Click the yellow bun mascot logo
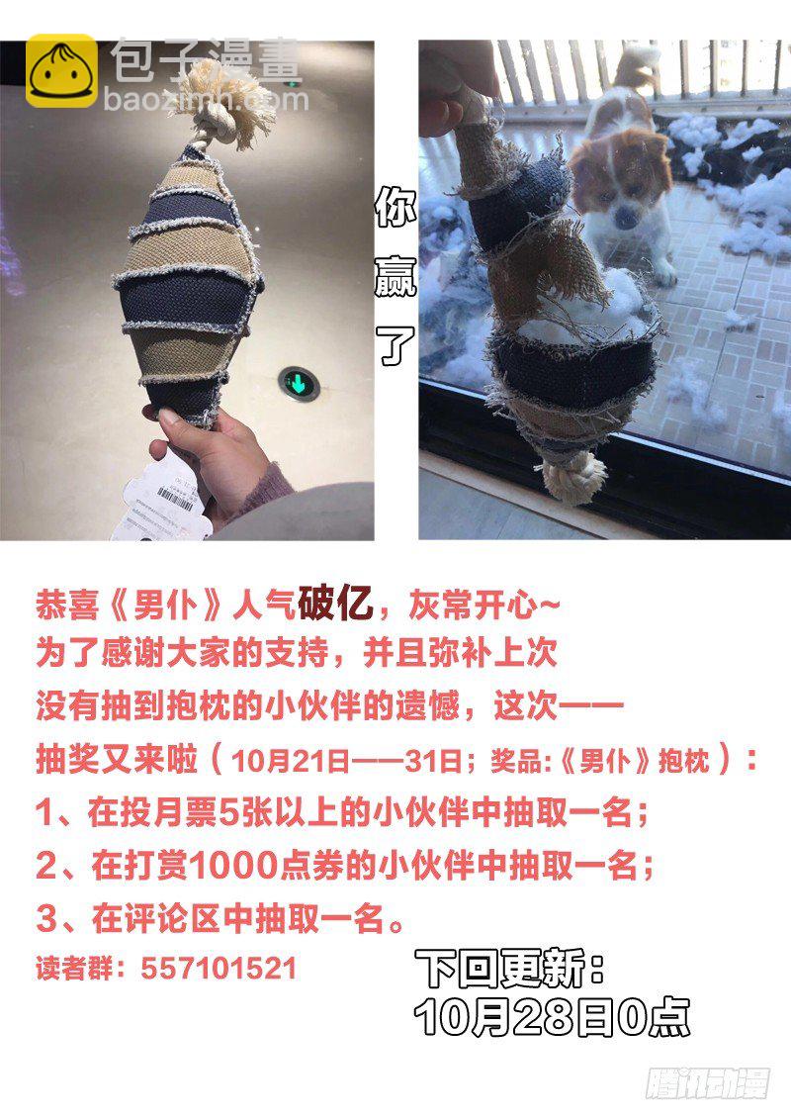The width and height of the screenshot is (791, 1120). pos(61,70)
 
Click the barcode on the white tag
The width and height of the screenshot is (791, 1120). pos(174,498)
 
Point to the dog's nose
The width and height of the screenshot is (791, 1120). pos(626,217)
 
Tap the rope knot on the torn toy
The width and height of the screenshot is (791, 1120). pos(573,476)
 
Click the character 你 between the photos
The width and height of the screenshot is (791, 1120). pos(395,207)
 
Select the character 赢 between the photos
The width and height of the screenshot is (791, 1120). pos(395,275)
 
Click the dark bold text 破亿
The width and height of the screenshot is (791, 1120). pos(335,604)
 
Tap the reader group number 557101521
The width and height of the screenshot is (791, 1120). pos(218,969)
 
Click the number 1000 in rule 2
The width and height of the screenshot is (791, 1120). pos(233,866)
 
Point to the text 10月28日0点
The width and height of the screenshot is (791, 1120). pos(551,1016)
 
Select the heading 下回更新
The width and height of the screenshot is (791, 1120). pos(509,969)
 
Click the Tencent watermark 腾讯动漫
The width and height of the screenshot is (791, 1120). pos(707,1082)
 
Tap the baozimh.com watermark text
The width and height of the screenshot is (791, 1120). pos(207,99)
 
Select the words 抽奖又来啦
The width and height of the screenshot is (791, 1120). pos(117,759)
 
